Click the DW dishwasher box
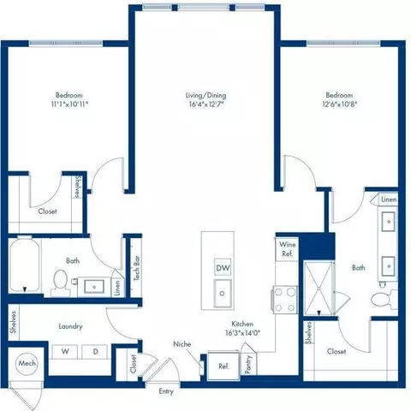coord(223,268)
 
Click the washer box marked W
coord(64,352)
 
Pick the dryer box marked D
coord(95,352)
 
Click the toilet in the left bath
coord(61,280)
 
